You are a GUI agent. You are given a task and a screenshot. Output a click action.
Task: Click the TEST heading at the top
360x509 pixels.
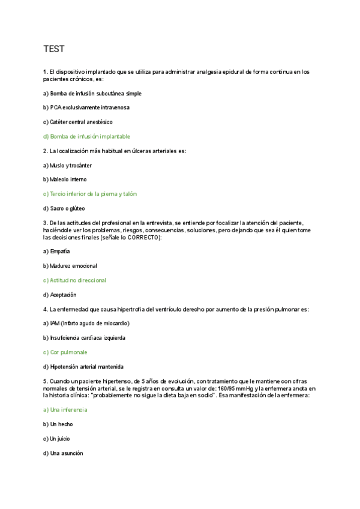point(54,48)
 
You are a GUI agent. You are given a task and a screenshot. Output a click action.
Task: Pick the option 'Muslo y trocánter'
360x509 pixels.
point(67,165)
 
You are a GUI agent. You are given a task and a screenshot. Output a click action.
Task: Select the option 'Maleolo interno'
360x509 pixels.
point(65,179)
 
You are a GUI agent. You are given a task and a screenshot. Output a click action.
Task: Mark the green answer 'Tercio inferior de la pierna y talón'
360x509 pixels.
point(94,194)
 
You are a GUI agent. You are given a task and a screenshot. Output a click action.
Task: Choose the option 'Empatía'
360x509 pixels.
point(56,251)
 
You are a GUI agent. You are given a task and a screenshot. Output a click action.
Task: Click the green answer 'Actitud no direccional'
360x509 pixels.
point(74,280)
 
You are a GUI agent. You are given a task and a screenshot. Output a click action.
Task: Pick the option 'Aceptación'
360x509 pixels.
point(60,295)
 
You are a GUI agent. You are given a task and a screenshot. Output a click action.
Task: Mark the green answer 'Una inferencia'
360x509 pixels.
point(65,410)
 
